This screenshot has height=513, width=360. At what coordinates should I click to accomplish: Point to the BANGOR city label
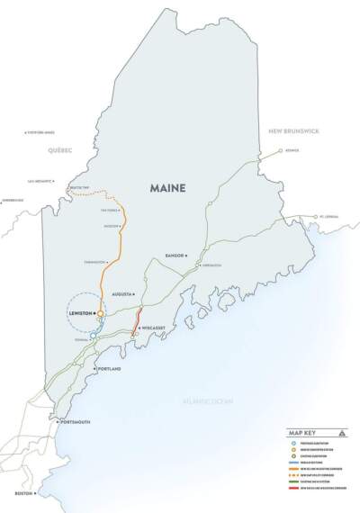[x=177, y=256]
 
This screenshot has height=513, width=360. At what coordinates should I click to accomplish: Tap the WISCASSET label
[x=158, y=329]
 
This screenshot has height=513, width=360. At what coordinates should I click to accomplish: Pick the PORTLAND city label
[x=110, y=369]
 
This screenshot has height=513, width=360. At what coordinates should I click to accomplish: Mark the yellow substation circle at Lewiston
[x=102, y=313]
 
